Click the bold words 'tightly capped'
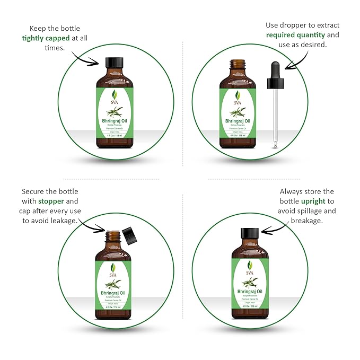(45, 38)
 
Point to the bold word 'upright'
(317, 201)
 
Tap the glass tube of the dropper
(274, 117)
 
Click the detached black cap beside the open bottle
(128, 233)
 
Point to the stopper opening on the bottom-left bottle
(112, 234)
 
